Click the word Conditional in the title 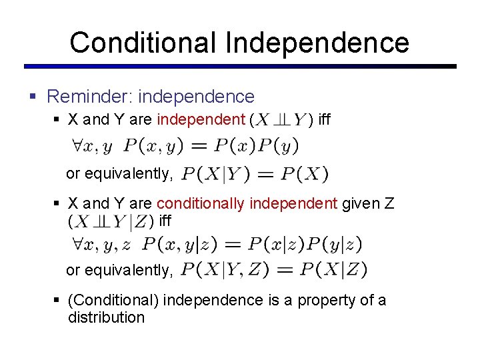tap(143, 43)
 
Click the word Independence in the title tap(317, 43)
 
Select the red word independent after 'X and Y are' tap(201, 120)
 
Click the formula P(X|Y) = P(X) tap(255, 175)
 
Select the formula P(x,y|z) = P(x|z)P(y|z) tap(252, 245)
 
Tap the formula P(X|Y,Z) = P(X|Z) tap(274, 270)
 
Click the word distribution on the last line tap(106, 317)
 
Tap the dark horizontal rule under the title tap(240, 67)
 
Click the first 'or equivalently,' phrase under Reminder tap(119, 174)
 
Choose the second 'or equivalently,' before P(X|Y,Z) tap(119, 270)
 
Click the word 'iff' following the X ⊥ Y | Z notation tap(165, 219)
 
